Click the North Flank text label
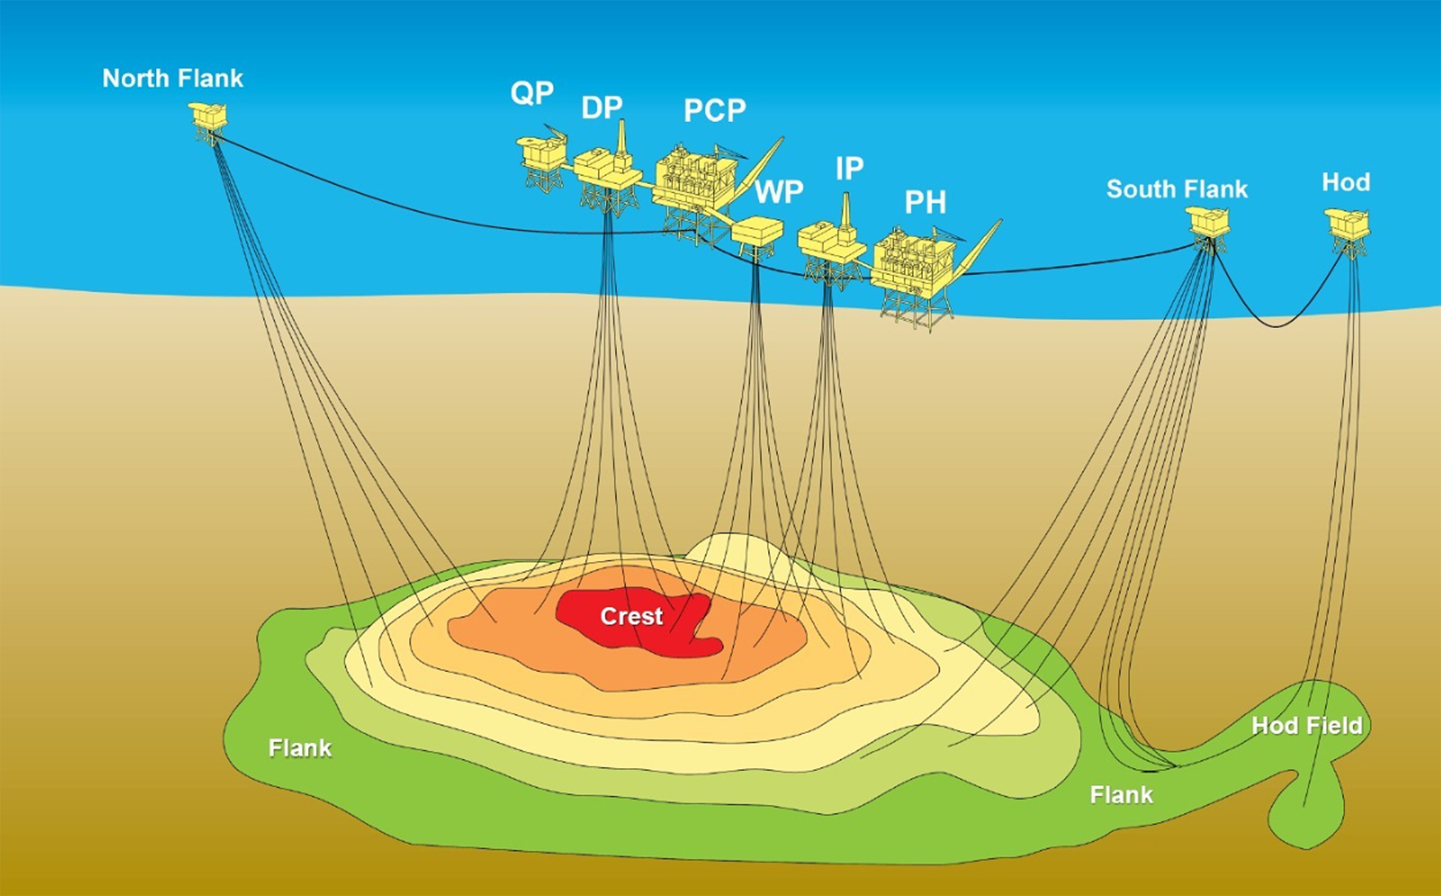(x=173, y=78)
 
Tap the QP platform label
(x=532, y=93)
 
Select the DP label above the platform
(x=602, y=108)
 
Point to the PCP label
(x=714, y=110)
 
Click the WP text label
(x=779, y=192)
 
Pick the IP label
(x=849, y=168)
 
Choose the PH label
(x=925, y=203)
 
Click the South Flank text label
(x=1177, y=189)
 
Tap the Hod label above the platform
(x=1346, y=182)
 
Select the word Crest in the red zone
(x=631, y=616)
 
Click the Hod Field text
(x=1307, y=726)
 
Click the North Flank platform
(x=209, y=120)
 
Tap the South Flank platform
(x=1208, y=224)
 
